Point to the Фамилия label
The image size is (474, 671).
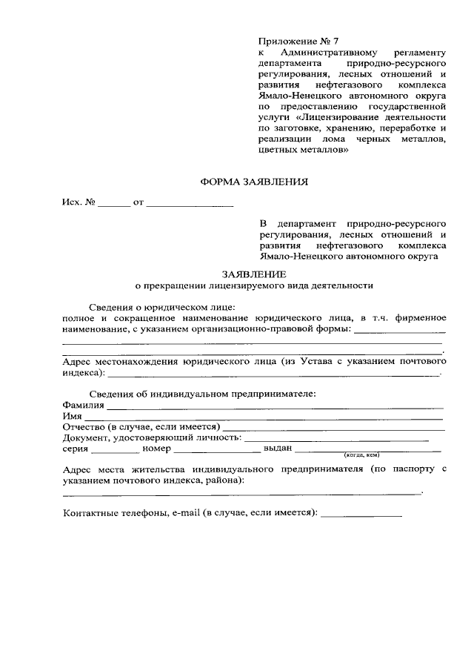(84, 405)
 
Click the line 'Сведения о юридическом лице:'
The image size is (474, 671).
(161, 307)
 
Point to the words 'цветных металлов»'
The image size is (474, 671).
(304, 150)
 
